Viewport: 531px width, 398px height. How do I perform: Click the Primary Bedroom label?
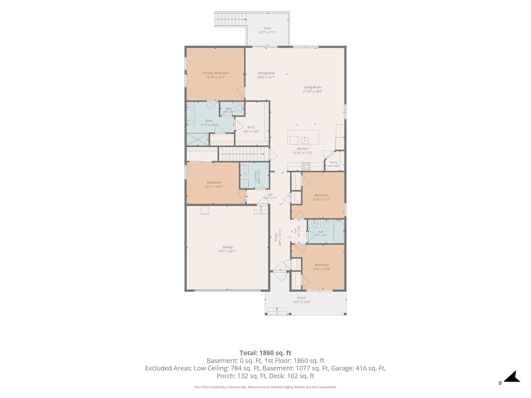[x=215, y=73]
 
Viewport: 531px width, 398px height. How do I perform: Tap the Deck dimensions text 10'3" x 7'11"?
[x=267, y=32]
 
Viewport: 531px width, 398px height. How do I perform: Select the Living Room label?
[x=312, y=87]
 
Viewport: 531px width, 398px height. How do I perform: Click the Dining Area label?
[x=266, y=73]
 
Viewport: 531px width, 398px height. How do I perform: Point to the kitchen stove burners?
[x=306, y=166]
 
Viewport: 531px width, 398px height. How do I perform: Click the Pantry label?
[x=334, y=162]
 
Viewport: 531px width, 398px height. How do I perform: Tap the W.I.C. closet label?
[x=251, y=127]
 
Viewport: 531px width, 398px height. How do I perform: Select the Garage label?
[x=227, y=247]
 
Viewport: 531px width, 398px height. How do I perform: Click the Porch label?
[x=302, y=298]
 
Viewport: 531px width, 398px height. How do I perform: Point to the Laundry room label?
[x=255, y=176]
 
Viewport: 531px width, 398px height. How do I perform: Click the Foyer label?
[x=276, y=237]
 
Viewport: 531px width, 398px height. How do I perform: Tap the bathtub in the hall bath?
[x=338, y=231]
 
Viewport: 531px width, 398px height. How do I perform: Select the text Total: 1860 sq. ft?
[x=265, y=353]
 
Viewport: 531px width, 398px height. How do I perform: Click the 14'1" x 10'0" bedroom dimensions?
[x=214, y=187]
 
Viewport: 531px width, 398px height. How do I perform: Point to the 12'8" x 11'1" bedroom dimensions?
[x=322, y=200]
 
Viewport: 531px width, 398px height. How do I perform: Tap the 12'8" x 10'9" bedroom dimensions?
[x=322, y=269]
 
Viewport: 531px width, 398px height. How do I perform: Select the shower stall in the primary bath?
[x=198, y=139]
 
